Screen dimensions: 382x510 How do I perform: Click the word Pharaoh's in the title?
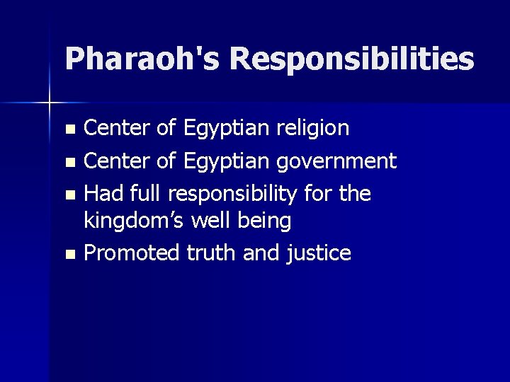tap(142, 59)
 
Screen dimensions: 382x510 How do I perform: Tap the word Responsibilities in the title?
tap(351, 59)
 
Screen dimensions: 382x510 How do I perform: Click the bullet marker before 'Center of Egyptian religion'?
tap(69, 129)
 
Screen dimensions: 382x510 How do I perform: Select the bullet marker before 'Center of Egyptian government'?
tap(69, 162)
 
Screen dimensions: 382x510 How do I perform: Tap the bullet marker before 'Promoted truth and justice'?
tap(69, 254)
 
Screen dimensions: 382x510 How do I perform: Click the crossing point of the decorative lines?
tap(50, 103)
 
